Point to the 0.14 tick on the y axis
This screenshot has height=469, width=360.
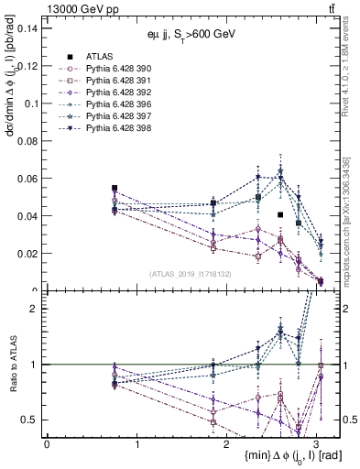click(x=27, y=28)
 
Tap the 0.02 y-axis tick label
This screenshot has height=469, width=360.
click(x=27, y=254)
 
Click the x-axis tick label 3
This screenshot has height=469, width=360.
click(x=316, y=442)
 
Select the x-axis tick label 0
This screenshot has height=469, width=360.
click(x=47, y=442)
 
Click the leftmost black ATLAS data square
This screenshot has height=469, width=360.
click(x=115, y=188)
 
